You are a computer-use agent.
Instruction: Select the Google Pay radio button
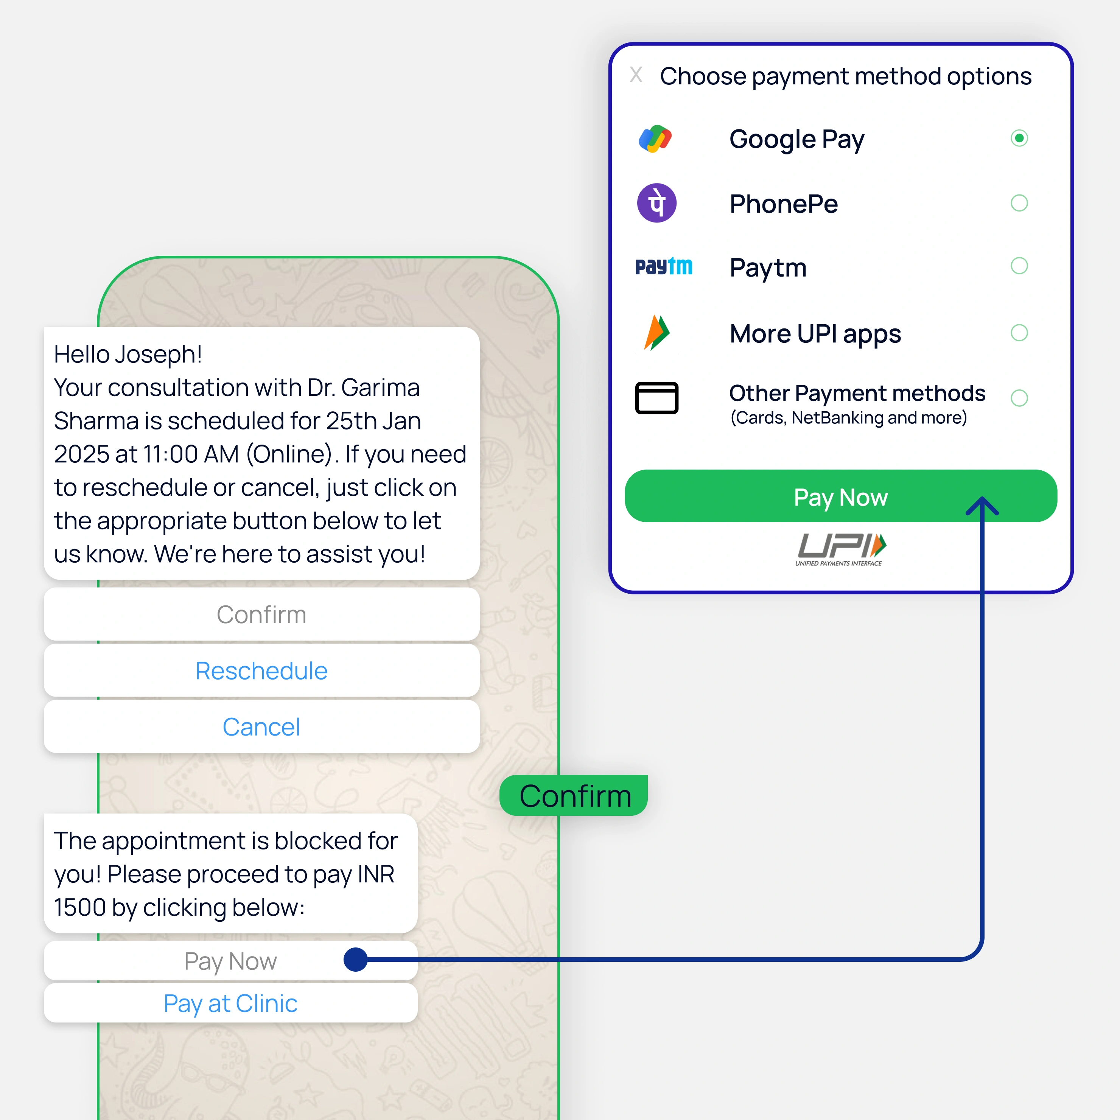pos(1019,138)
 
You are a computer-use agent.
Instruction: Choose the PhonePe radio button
pos(1019,203)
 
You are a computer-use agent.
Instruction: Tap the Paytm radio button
pos(1019,266)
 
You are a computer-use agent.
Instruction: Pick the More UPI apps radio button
pos(1019,333)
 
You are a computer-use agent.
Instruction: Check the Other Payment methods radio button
pos(1019,398)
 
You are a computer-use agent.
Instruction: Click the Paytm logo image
pos(664,267)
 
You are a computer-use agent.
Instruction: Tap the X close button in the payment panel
pos(636,75)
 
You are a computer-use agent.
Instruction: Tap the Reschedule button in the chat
pos(261,671)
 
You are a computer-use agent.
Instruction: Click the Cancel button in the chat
pos(261,727)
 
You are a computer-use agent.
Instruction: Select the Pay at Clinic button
pos(231,1003)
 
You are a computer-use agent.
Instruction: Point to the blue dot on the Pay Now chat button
pos(355,960)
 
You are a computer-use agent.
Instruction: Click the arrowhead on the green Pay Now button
pos(982,504)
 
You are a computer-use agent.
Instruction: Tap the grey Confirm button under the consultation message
pos(261,614)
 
